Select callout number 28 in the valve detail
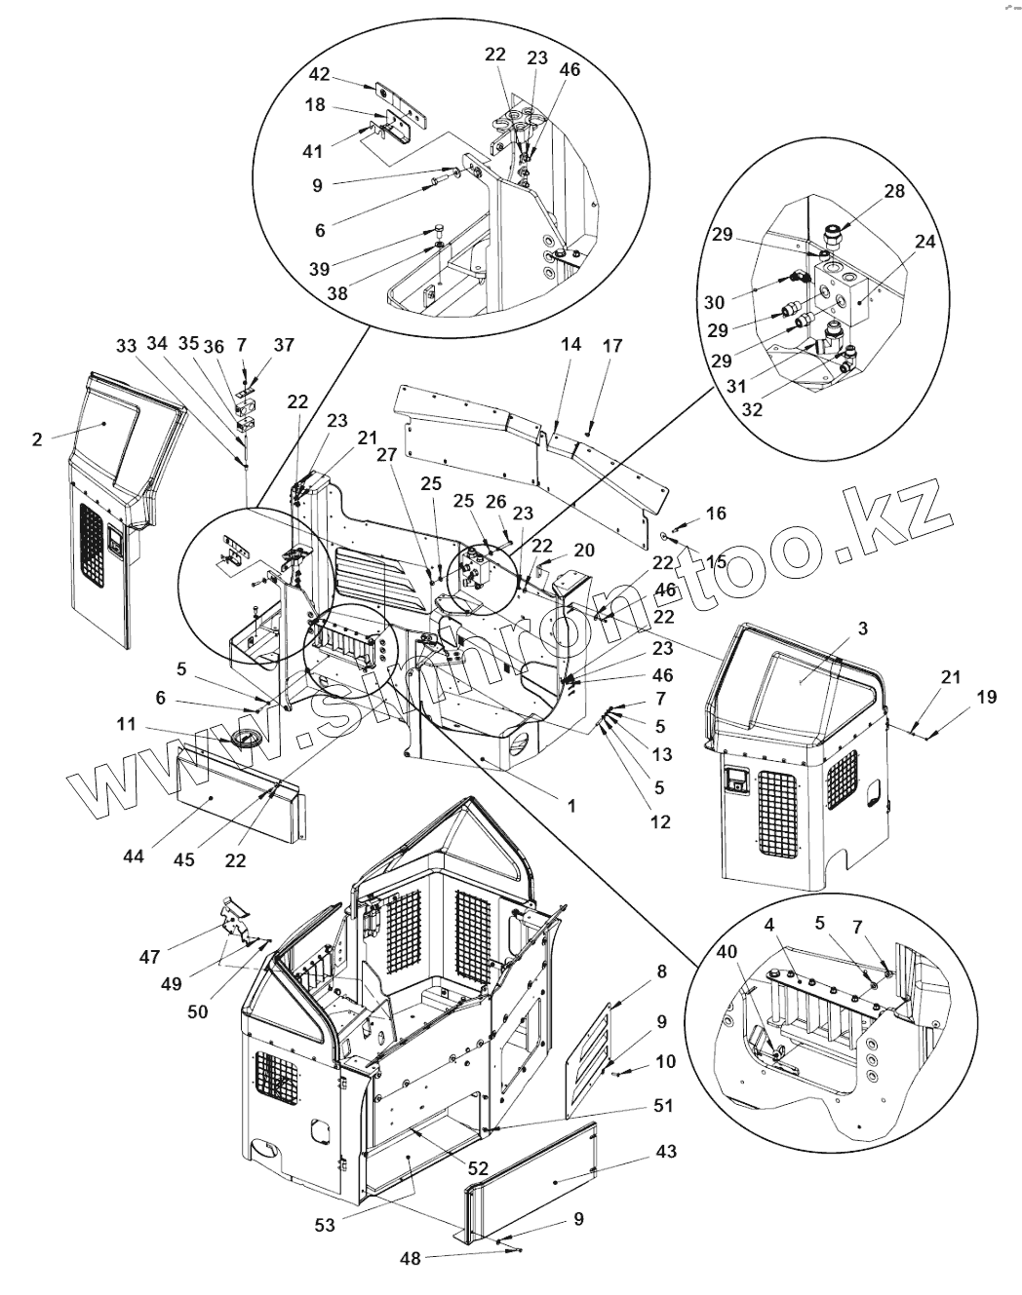895,193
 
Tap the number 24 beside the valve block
924,241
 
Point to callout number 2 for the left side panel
37,439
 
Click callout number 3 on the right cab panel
861,628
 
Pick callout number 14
571,345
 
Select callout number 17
611,346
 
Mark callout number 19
986,698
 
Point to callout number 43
666,1152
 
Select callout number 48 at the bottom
411,1258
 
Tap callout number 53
326,1226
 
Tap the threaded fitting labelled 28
835,235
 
